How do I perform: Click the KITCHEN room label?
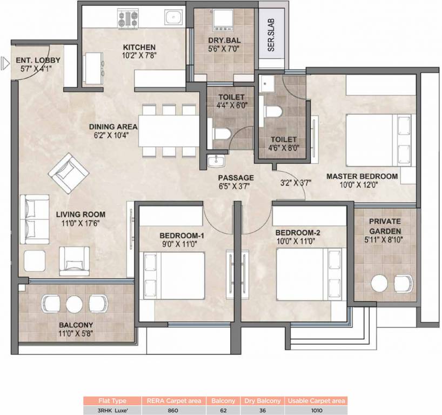(139, 47)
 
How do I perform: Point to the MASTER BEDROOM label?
(362, 176)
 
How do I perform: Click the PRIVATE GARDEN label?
(385, 226)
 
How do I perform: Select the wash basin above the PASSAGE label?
(216, 160)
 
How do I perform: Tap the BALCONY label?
(76, 325)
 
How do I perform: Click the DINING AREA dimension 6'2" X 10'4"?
(113, 136)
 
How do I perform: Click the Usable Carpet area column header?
(316, 401)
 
